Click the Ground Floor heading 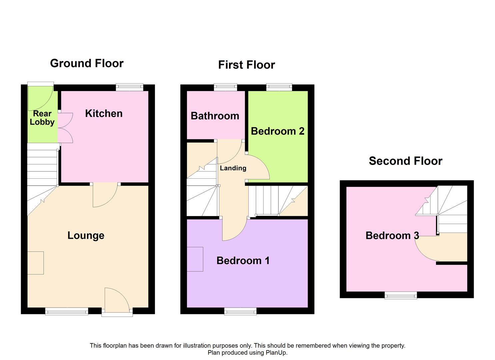tap(87, 63)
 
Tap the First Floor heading tap(246, 65)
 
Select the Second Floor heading tap(406, 161)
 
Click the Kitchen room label tap(104, 114)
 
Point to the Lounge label tap(86, 235)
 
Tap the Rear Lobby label tap(42, 118)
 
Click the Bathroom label tap(215, 116)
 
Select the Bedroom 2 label tap(278, 131)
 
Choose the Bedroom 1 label tap(243, 261)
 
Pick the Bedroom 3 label tap(392, 236)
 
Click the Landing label tap(233, 168)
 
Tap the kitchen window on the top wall tap(130, 87)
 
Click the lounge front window tap(67, 311)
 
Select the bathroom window tap(226, 87)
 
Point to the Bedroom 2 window tap(279, 87)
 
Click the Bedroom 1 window tap(240, 311)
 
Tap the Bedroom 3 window tap(401, 295)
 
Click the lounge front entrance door tap(117, 302)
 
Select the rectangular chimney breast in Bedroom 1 tap(195, 259)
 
